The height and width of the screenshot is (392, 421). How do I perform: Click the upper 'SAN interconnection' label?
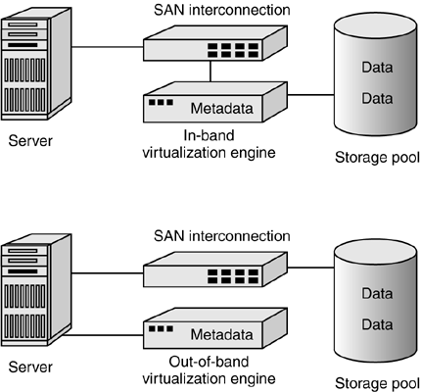[x=222, y=10]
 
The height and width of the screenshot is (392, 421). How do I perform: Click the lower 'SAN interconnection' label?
[x=222, y=236]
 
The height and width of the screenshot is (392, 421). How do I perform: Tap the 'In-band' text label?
[x=210, y=135]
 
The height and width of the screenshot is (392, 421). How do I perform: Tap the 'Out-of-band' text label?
[x=209, y=362]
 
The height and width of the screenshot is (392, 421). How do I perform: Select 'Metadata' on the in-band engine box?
[x=222, y=108]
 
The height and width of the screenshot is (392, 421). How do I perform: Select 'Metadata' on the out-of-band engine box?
[x=222, y=334]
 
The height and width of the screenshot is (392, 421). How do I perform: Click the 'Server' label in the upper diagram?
[x=30, y=141]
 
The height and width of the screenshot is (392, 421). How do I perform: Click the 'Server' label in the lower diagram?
[x=30, y=367]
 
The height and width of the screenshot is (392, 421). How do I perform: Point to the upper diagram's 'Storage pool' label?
[x=377, y=158]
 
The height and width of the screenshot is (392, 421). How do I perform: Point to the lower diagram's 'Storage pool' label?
[x=377, y=383]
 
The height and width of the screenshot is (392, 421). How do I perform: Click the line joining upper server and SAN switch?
[x=108, y=47]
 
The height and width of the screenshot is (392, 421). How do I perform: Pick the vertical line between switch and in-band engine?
[x=210, y=72]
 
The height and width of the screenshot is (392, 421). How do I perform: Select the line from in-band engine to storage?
[x=311, y=95]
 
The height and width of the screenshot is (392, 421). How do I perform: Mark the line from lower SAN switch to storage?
[x=311, y=268]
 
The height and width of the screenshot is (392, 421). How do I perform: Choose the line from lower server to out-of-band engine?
[x=104, y=335]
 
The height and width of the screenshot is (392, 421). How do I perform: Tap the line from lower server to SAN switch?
[x=108, y=273]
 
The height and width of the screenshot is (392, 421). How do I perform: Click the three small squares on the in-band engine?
[x=161, y=102]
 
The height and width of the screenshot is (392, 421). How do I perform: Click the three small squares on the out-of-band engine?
[x=161, y=328]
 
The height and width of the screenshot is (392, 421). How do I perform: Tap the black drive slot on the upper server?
[x=23, y=45]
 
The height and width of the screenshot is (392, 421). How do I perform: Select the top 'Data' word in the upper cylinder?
[x=377, y=68]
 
